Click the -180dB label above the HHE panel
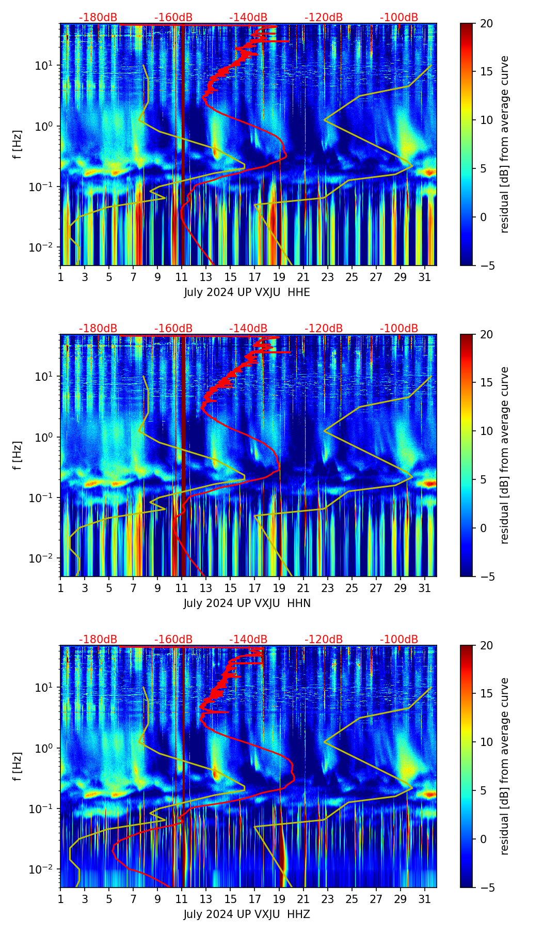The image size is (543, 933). point(98,18)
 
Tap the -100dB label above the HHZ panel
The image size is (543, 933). point(399,640)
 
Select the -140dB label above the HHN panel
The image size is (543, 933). point(248,329)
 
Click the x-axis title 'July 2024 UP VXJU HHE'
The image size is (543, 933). point(247,292)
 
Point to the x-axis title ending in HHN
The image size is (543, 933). point(247,603)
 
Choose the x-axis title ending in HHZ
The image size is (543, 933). point(247,914)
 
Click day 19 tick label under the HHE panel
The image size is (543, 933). point(279,277)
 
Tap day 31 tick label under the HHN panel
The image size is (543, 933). point(425,588)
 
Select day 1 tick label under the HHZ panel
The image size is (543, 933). point(61,899)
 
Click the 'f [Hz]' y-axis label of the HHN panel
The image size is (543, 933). point(18,455)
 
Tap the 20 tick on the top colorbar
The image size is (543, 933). point(487,23)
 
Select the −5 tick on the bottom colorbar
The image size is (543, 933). point(486,888)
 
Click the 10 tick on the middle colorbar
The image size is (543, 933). point(487,431)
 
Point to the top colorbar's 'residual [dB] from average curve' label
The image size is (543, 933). point(505,144)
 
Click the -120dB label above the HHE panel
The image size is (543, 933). point(324,18)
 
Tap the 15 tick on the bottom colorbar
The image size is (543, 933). point(487,694)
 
